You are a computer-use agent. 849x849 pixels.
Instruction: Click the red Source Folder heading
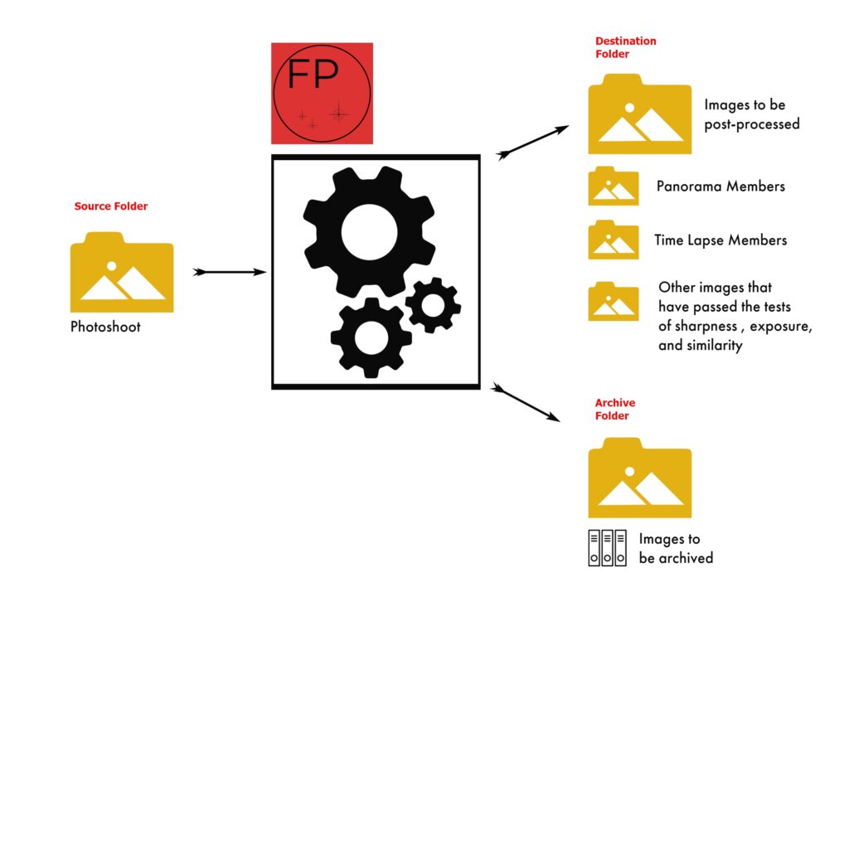pos(110,206)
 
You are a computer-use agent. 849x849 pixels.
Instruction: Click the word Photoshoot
pos(105,327)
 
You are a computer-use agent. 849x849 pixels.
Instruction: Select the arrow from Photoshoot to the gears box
pos(229,272)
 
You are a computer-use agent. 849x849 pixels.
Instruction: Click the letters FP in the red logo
pos(313,75)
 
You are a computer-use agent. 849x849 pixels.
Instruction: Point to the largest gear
pos(369,230)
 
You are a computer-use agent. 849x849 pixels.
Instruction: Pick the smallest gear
pos(433,305)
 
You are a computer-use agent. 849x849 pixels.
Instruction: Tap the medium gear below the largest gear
pos(371,337)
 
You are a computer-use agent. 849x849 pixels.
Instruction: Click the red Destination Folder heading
pos(625,47)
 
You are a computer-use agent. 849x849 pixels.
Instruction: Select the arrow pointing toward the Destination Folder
pos(533,141)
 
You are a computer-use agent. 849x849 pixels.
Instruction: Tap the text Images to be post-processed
pos(751,114)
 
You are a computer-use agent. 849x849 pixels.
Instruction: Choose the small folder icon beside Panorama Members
pos(613,187)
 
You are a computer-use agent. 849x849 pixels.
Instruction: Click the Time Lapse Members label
pos(720,240)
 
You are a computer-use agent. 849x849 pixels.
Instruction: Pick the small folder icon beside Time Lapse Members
pos(613,240)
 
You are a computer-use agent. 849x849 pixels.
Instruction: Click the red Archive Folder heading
pos(615,410)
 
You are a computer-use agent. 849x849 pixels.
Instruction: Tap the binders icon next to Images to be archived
pos(607,548)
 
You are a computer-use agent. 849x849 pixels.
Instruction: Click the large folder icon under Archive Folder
pos(639,478)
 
